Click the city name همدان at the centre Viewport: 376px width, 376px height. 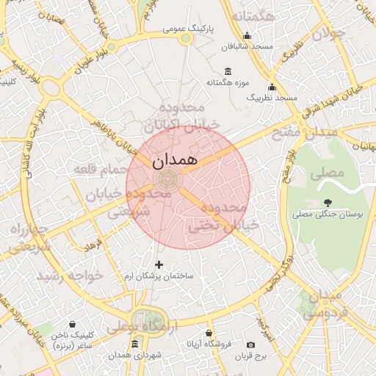[176, 161]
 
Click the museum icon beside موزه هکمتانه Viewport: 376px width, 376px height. [228, 71]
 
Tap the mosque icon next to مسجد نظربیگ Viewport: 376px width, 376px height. [272, 87]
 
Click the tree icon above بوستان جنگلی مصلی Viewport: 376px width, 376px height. [328, 202]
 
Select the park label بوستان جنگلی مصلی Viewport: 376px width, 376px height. [328, 214]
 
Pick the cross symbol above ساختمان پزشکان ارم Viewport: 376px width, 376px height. [159, 264]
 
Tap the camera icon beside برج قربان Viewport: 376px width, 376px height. [250, 344]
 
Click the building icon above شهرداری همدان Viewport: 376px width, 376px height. [134, 344]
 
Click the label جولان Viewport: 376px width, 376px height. [328, 34]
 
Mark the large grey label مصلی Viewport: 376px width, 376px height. [327, 174]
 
